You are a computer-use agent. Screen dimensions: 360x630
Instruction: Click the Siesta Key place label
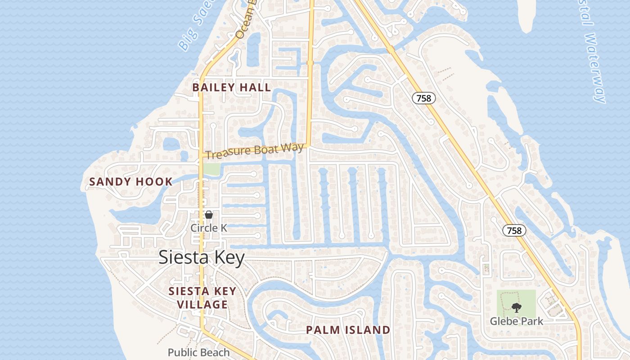click(202, 258)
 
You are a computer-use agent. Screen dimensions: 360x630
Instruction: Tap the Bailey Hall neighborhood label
click(232, 87)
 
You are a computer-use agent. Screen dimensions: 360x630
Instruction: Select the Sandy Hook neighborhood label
click(131, 182)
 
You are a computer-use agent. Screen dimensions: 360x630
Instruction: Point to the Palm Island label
click(348, 330)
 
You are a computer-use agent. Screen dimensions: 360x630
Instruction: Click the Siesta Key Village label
click(202, 298)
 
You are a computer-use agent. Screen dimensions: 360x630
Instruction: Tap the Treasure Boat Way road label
click(255, 150)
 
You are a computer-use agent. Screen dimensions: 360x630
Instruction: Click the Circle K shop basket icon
click(208, 215)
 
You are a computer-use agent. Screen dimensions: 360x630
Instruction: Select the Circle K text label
click(209, 228)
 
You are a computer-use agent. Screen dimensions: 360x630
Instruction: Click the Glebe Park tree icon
click(516, 308)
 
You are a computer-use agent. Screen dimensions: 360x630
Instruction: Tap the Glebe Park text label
click(517, 321)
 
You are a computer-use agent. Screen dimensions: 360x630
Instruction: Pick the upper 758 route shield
click(423, 98)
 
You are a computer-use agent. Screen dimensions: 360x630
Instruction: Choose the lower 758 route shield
click(514, 230)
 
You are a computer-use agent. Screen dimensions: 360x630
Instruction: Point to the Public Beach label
click(198, 352)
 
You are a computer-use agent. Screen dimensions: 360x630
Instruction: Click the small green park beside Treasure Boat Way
click(211, 169)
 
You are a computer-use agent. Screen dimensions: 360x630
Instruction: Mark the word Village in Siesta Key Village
click(202, 305)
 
